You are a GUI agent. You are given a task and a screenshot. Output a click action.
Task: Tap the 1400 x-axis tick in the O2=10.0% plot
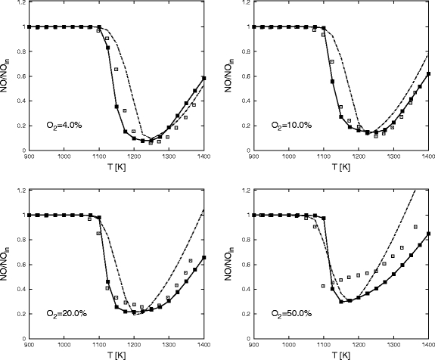pyautogui.click(x=427, y=157)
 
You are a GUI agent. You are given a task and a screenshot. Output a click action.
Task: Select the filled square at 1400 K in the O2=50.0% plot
pyautogui.click(x=428, y=234)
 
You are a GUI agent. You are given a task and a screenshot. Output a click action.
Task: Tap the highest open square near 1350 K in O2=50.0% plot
pyautogui.click(x=415, y=226)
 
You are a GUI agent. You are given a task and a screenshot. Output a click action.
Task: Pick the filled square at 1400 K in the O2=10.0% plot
pyautogui.click(x=428, y=74)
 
